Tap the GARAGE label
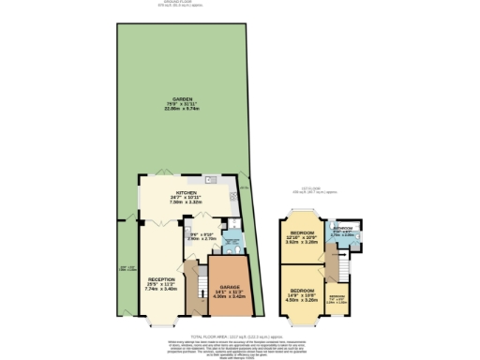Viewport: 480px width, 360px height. pos(230,287)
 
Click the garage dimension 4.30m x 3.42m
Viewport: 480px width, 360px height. pos(230,297)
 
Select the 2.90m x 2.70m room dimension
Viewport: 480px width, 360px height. pos(202,239)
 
